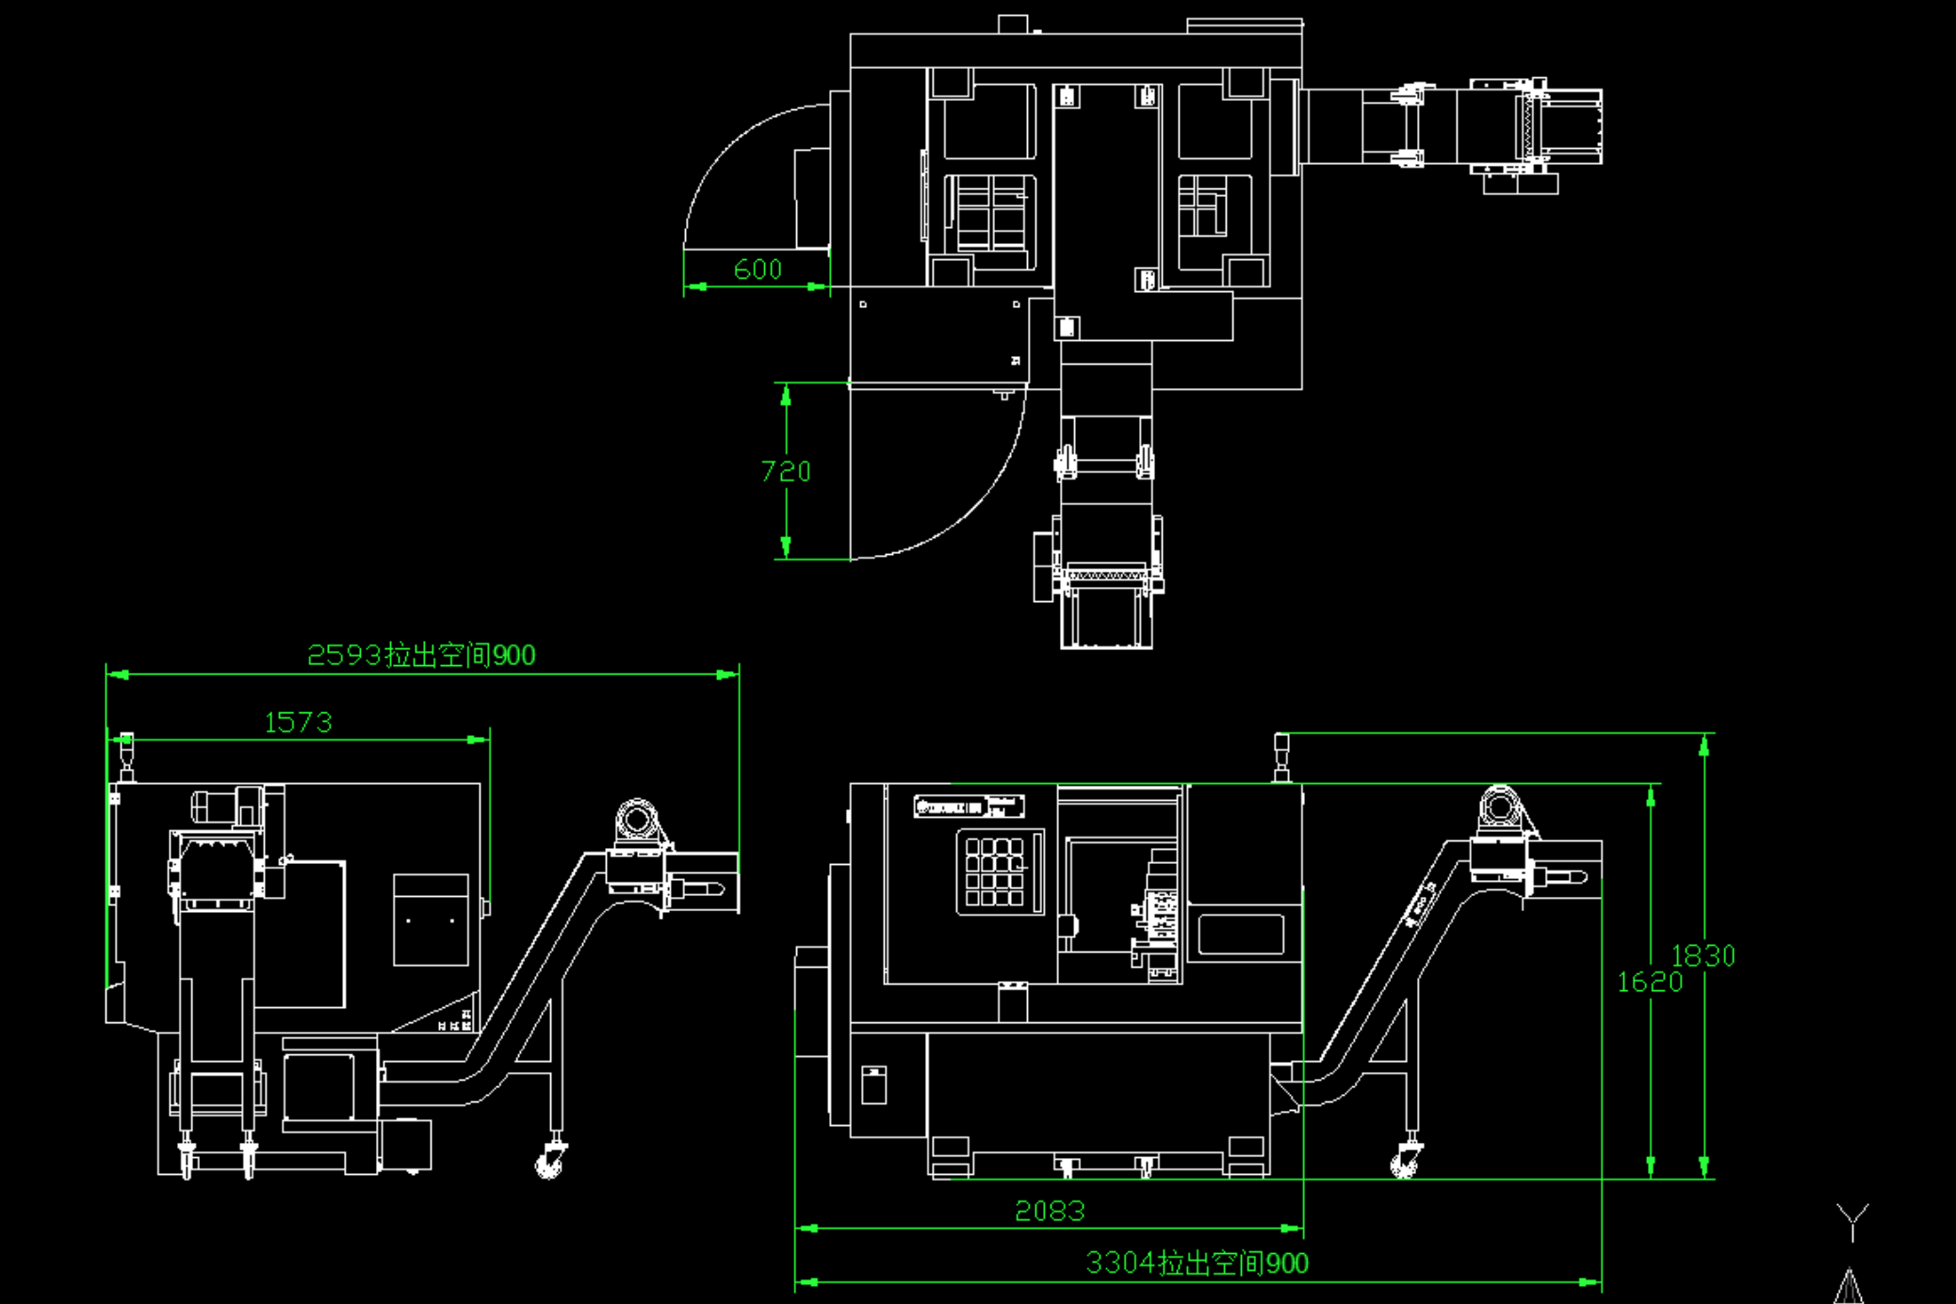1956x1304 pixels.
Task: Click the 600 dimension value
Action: point(758,269)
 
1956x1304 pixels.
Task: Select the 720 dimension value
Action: point(785,471)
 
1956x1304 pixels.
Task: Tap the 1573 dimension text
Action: point(298,723)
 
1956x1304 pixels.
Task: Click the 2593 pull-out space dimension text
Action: point(421,655)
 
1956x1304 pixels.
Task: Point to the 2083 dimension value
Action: point(1050,1211)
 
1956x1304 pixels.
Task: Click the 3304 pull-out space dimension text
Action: point(1197,1263)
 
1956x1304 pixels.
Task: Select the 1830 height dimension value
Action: point(1703,955)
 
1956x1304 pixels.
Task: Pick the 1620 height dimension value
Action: point(1649,982)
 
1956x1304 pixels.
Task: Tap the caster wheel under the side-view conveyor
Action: point(549,1163)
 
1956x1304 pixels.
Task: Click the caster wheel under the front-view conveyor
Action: point(1405,1163)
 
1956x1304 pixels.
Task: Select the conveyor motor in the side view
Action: point(638,820)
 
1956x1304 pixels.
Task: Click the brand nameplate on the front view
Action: point(969,807)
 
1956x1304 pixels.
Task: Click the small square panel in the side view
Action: point(431,920)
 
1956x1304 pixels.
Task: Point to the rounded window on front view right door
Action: point(1241,935)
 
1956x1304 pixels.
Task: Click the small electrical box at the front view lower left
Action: point(873,1084)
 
